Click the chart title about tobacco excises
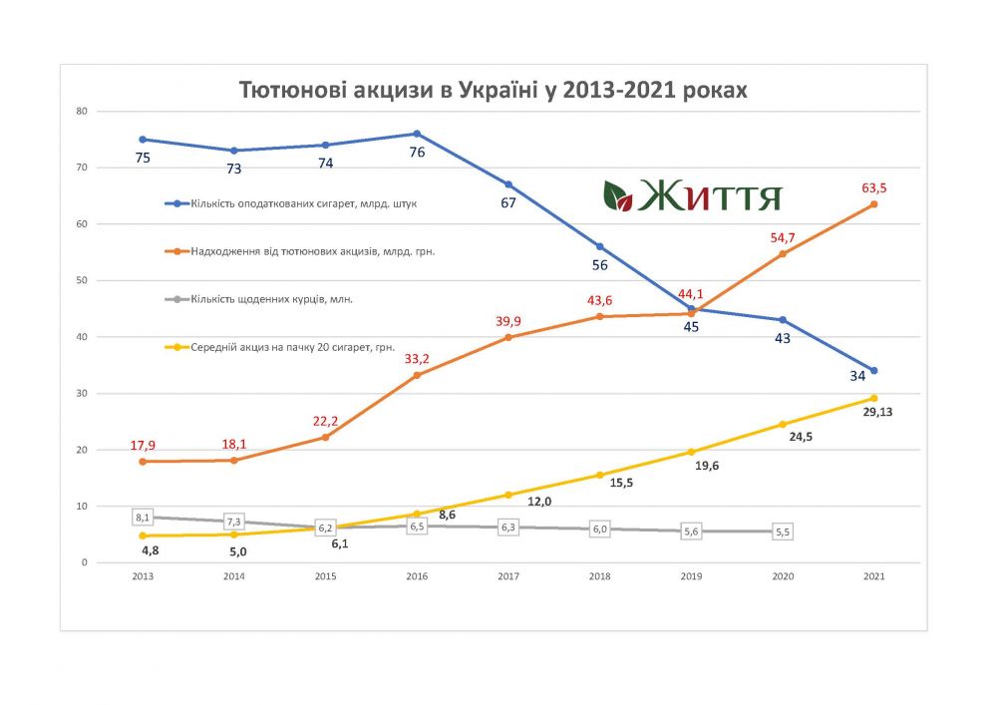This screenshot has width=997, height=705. pos(493,90)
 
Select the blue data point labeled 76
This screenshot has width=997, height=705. pos(417,134)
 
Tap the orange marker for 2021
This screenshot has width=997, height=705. pos(873,204)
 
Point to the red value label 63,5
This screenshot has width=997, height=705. pos(873,186)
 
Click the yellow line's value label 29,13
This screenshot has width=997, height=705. pos(875,412)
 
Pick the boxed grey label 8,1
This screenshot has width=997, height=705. pos(143,518)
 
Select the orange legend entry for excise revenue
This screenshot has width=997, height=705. pos(299,251)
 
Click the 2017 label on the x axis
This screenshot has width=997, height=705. pos(508,576)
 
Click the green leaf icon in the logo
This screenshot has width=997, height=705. pos(618,195)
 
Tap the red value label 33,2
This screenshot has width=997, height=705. pos(417,358)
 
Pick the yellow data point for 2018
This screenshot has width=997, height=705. pos(599,475)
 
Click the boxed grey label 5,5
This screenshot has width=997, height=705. pos(782,532)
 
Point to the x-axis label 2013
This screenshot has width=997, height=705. pos(143,576)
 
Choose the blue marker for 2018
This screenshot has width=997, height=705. pos(599,246)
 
